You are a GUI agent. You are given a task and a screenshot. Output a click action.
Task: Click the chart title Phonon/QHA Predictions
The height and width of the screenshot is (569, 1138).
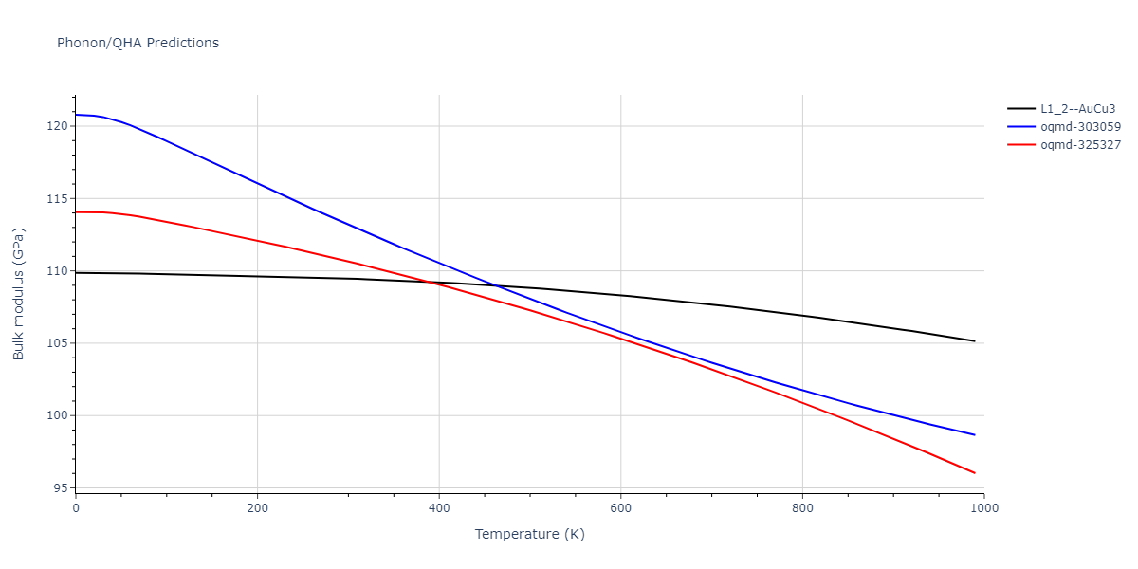138,43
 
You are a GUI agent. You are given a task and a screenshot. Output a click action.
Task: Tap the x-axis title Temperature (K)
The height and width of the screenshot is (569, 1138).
529,534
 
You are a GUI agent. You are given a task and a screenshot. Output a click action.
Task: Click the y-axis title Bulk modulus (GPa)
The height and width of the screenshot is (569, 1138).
19,293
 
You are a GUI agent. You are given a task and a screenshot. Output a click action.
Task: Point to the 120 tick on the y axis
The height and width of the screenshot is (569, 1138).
58,126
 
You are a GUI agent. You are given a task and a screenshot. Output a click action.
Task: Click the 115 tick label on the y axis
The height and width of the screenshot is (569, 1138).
58,199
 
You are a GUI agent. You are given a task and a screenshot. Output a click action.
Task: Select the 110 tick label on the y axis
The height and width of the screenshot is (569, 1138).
58,271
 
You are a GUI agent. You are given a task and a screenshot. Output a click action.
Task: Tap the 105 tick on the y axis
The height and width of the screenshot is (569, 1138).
58,343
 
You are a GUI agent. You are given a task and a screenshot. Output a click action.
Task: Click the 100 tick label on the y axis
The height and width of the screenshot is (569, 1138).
58,415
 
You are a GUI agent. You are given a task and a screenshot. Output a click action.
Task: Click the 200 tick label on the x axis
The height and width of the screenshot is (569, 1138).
257,508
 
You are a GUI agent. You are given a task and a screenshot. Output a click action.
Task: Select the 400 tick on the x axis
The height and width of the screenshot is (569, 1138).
439,508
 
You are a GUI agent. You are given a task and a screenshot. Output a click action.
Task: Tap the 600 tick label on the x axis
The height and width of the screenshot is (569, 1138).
620,508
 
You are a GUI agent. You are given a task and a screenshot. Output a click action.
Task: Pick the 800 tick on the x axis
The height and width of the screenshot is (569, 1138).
802,508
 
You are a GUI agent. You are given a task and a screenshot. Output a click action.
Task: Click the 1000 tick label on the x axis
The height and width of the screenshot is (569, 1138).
984,508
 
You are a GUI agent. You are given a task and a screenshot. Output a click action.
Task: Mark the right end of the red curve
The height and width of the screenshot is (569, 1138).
975,473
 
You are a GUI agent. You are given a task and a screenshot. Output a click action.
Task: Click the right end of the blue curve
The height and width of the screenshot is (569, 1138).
975,435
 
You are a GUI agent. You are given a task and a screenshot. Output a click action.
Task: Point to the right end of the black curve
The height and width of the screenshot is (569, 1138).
975,341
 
